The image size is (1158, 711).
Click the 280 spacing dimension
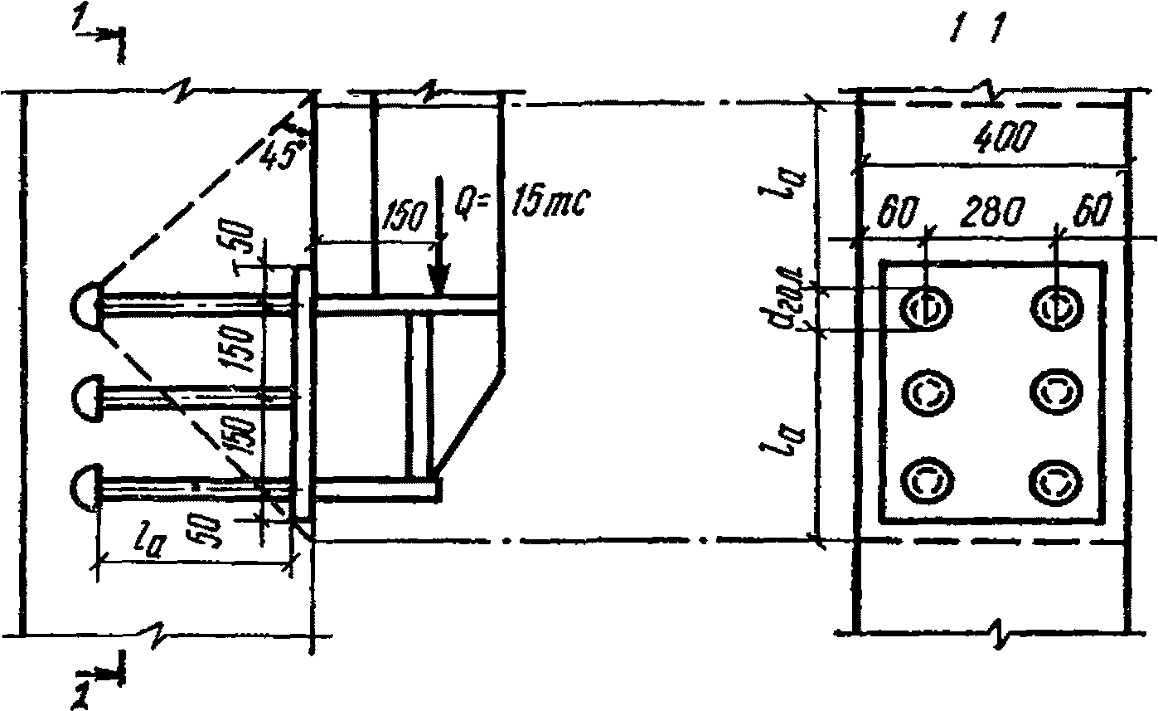click(991, 215)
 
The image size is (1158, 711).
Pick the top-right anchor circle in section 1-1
click(1056, 308)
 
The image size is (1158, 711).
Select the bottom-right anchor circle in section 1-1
click(1056, 480)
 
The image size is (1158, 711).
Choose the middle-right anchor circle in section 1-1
click(1056, 392)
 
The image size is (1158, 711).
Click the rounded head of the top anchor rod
click(86, 304)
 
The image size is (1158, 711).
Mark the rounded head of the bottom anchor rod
click(86, 485)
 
